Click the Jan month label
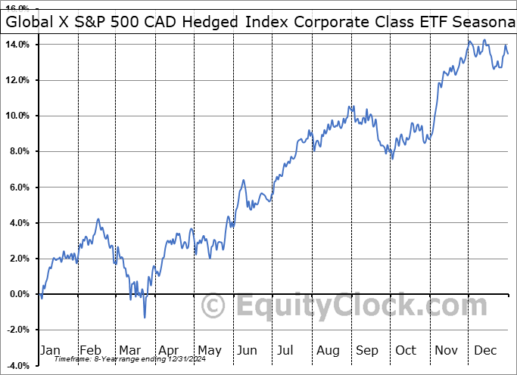point(49,350)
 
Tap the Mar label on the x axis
point(129,350)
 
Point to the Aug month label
point(329,350)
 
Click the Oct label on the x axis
point(406,350)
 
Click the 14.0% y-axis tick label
point(17,45)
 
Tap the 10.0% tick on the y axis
point(17,116)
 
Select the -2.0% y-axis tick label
point(17,330)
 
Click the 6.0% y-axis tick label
point(19,187)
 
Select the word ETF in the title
point(429,22)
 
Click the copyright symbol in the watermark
point(214,306)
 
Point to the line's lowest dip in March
point(144,317)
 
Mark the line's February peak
point(98,219)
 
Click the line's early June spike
point(244,180)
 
